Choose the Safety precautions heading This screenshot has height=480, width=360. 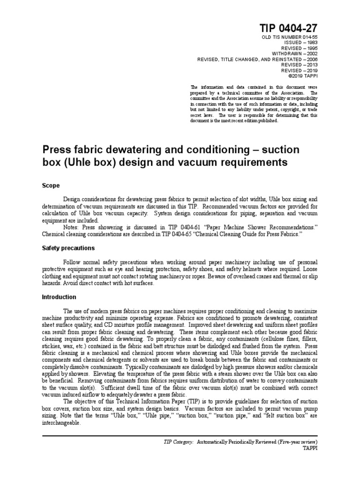pyautogui.click(x=68, y=247)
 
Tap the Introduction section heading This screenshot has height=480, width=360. pyautogui.click(x=59, y=297)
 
